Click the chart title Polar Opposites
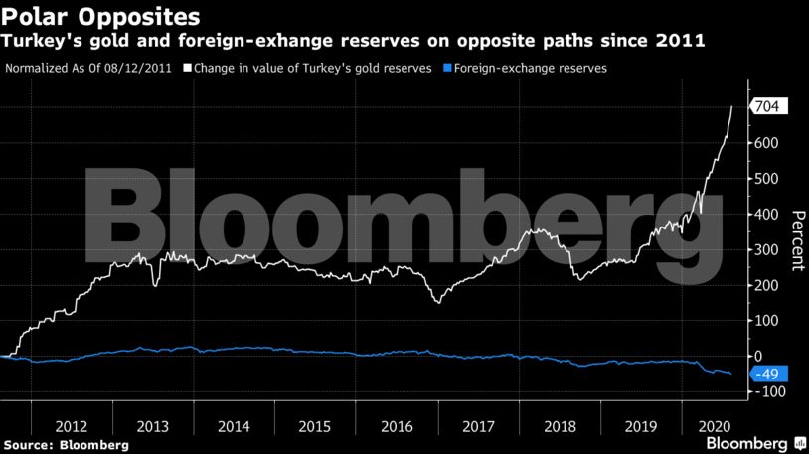point(99,17)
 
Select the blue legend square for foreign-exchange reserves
point(449,69)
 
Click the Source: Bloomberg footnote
point(66,444)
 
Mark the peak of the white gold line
point(732,106)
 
